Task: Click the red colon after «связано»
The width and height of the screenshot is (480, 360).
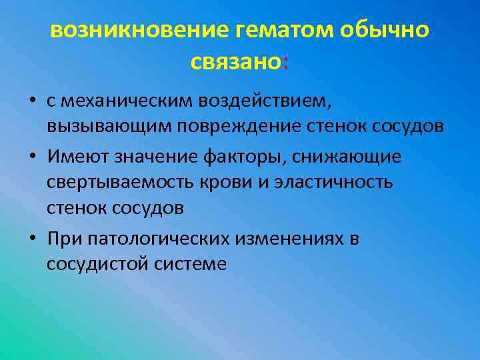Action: (x=286, y=63)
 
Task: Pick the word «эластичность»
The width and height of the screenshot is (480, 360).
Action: (x=337, y=182)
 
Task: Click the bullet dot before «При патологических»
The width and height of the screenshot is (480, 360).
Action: (x=32, y=239)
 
